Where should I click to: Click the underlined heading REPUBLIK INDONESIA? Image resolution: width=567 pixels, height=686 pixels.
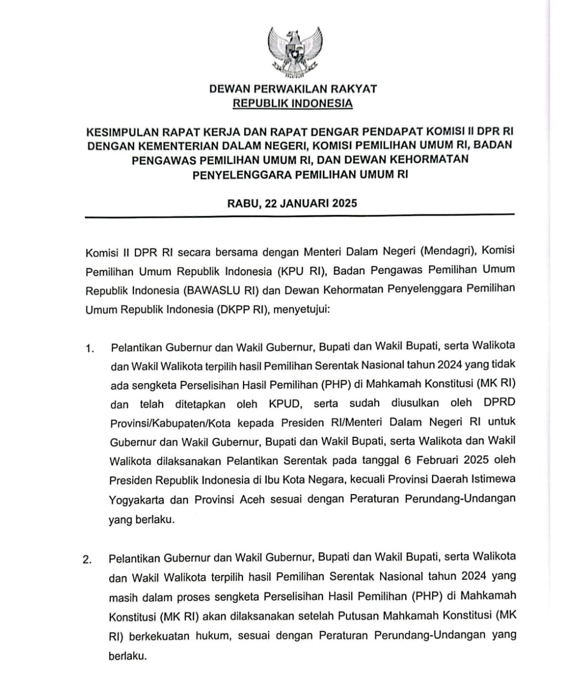(292, 103)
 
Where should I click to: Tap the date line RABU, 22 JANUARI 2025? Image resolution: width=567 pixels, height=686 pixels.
(292, 203)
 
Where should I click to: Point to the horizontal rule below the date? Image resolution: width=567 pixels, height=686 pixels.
(300, 216)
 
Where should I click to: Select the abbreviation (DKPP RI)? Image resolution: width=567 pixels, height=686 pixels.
(243, 310)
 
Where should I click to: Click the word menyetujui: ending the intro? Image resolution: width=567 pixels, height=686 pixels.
(302, 310)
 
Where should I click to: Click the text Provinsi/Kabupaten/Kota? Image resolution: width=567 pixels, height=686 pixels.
(170, 423)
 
